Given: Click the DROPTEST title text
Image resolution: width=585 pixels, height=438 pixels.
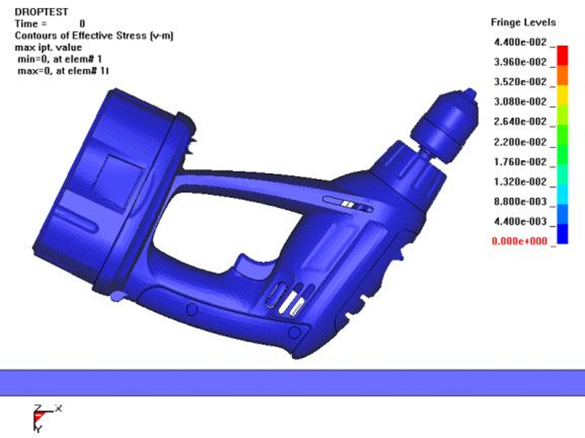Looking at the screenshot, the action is pyautogui.click(x=42, y=12).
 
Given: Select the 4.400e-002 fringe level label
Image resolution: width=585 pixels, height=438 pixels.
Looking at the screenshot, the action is pyautogui.click(x=520, y=42).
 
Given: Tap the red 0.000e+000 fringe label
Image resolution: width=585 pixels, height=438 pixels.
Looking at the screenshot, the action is pyautogui.click(x=519, y=241).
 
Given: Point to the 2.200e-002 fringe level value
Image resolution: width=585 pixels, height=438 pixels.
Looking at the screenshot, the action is pyautogui.click(x=520, y=142).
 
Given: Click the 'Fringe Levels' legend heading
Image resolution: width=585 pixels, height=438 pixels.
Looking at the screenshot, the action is pyautogui.click(x=523, y=22).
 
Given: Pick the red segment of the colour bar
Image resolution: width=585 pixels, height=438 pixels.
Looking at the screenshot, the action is pyautogui.click(x=562, y=56).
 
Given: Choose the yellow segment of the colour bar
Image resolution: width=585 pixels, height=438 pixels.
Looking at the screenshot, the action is pyautogui.click(x=562, y=95).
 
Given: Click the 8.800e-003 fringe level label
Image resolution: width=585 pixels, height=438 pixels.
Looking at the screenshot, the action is pyautogui.click(x=520, y=201).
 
